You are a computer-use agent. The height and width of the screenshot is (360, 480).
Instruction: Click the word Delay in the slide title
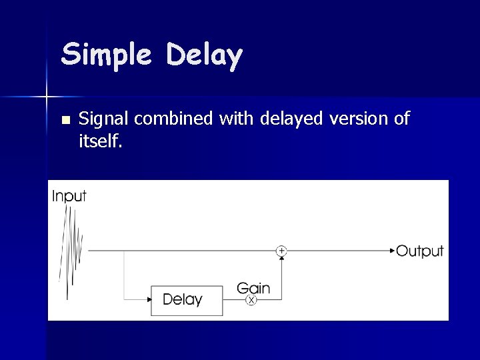(x=204, y=55)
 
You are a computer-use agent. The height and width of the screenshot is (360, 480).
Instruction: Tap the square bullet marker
(x=65, y=120)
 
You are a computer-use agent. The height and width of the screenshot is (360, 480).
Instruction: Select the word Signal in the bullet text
(x=104, y=119)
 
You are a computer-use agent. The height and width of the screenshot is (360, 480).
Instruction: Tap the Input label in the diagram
(x=69, y=196)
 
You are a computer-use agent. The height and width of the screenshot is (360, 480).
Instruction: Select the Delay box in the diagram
(x=187, y=300)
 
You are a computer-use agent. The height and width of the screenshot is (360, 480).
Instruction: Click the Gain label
(x=253, y=288)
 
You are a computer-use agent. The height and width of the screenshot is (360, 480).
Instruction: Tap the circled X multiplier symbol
(x=251, y=301)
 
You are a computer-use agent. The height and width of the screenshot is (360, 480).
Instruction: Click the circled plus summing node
(x=281, y=251)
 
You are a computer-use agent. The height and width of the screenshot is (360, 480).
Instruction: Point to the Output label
(x=419, y=251)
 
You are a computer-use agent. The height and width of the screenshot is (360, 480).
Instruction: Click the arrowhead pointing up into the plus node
(x=281, y=259)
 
